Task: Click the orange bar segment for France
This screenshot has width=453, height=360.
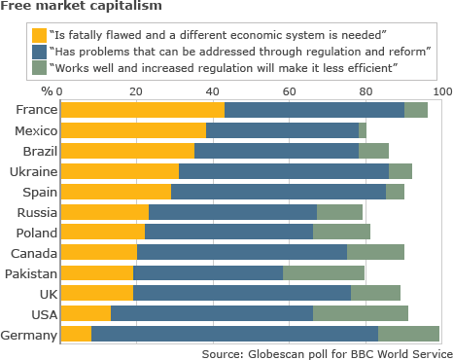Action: (143, 110)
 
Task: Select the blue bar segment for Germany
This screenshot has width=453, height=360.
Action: (234, 334)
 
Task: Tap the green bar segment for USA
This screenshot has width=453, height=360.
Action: (361, 313)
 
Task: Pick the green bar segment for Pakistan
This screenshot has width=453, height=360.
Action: (324, 272)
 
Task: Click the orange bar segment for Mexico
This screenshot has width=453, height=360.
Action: (133, 130)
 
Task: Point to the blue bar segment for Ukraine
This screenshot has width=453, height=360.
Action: (284, 171)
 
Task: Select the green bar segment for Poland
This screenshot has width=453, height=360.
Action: (341, 232)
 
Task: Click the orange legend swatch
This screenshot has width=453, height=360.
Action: (39, 35)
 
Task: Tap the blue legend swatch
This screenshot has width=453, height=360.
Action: (39, 52)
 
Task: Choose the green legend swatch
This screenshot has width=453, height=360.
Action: (39, 68)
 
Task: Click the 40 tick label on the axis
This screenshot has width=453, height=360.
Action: (213, 91)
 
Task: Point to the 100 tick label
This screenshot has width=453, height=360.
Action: (443, 91)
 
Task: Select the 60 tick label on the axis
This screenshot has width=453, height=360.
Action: (289, 91)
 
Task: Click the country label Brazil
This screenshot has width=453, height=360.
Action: (40, 151)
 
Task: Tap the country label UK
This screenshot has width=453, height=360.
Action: (49, 294)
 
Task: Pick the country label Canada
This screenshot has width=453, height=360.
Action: (34, 253)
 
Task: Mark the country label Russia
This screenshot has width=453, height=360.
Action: (37, 212)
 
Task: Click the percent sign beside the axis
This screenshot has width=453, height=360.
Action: (47, 91)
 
